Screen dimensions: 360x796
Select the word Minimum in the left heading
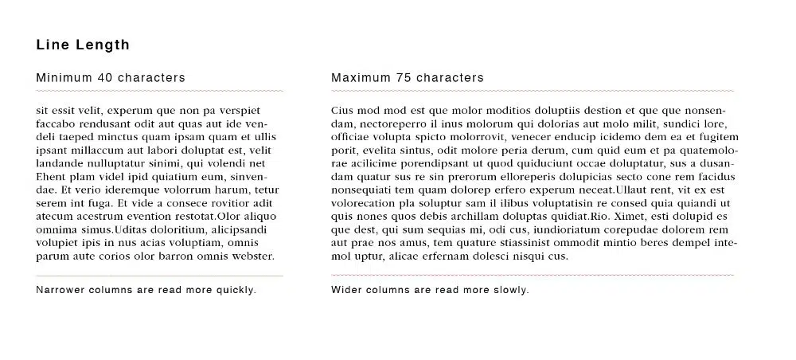pos(64,78)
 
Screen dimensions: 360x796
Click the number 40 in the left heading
pos(104,78)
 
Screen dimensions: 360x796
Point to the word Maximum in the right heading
pos(360,78)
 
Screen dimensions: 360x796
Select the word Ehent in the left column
pos(51,176)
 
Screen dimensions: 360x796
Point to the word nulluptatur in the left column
pos(114,163)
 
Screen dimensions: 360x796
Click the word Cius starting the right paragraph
pos(341,110)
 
